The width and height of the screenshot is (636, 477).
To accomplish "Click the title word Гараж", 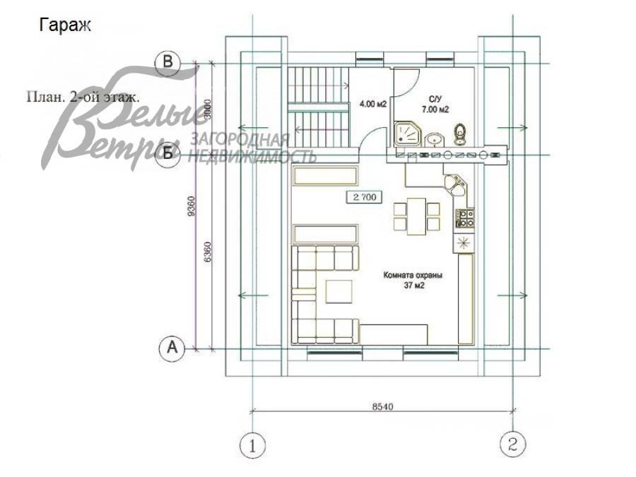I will (66, 25).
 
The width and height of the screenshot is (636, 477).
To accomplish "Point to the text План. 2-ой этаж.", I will (83, 97).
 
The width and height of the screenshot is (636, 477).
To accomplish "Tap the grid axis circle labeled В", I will (169, 63).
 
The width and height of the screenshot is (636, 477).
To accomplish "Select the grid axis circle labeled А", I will (170, 348).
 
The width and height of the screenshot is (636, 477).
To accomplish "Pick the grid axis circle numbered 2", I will (512, 444).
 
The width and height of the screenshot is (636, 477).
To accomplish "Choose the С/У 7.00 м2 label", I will (435, 105).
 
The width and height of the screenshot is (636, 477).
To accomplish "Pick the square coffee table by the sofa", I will (338, 290).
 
